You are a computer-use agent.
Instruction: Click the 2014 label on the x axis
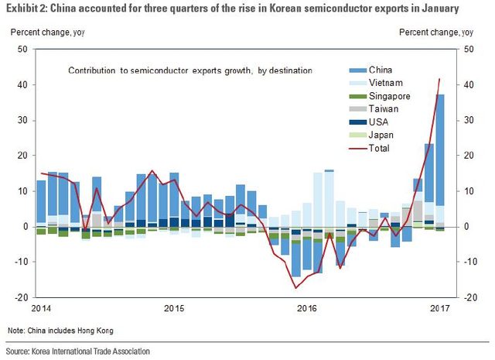tap(41, 308)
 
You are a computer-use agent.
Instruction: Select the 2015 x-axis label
tap(174, 308)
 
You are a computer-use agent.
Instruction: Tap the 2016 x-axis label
tap(306, 308)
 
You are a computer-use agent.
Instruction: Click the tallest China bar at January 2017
tap(439, 147)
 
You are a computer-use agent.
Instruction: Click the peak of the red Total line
tap(439, 79)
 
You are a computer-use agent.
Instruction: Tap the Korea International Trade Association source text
tap(77, 351)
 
